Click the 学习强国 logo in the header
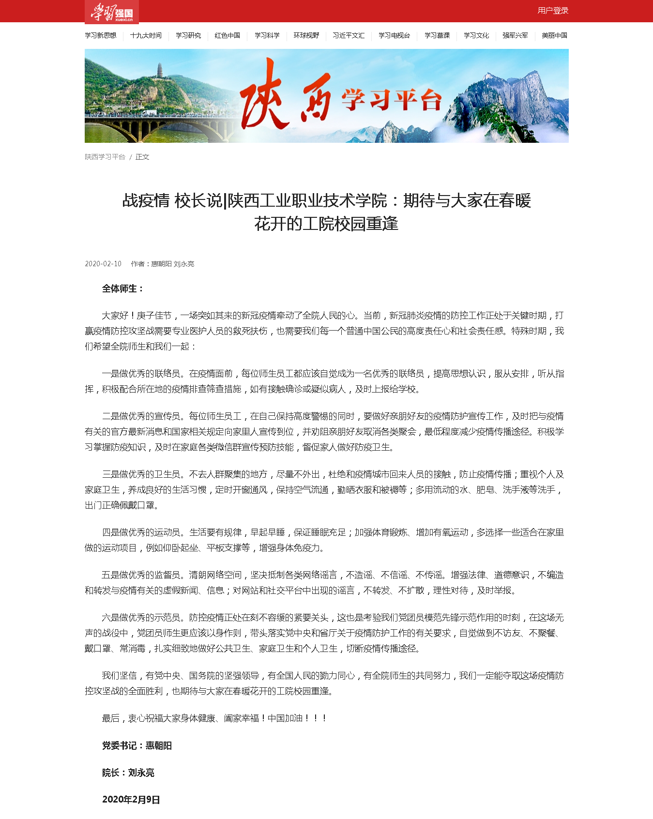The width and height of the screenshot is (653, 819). [112, 12]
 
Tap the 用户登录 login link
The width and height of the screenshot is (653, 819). [553, 11]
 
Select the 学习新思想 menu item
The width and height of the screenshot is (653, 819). [101, 35]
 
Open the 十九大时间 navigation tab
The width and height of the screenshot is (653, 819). [146, 35]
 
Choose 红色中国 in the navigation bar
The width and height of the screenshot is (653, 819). [228, 35]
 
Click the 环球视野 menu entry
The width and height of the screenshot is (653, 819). [306, 35]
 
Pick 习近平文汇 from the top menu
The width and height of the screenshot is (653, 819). [349, 35]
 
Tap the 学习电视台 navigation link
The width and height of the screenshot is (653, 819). [394, 35]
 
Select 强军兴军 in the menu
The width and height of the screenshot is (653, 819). [515, 35]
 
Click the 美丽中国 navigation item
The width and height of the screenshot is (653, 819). [554, 35]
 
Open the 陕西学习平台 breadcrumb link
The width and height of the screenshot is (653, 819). [105, 157]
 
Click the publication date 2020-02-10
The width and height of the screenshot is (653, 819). [103, 264]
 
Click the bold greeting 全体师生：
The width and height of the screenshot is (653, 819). [123, 289]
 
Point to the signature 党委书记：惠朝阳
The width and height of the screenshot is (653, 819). [137, 745]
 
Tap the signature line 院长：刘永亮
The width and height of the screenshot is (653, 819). [128, 773]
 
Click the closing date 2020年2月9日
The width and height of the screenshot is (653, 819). [131, 800]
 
